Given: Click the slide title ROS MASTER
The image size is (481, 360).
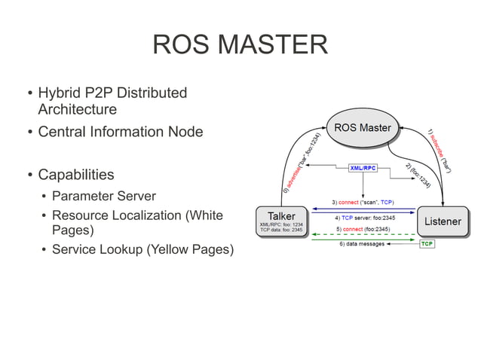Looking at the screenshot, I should (x=240, y=44).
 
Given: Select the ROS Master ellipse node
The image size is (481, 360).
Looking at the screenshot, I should (x=363, y=127).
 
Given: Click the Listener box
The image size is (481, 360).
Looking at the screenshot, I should (x=443, y=221).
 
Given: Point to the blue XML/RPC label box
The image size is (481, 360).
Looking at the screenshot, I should (x=363, y=168).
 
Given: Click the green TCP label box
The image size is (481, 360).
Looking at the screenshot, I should (x=427, y=244).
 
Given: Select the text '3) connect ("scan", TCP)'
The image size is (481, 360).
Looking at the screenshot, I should (x=363, y=203).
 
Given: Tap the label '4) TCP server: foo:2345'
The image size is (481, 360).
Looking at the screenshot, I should (x=363, y=217).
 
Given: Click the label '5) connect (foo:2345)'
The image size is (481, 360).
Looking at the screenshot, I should (x=363, y=228).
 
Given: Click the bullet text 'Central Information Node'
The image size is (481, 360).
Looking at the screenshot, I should (x=120, y=132).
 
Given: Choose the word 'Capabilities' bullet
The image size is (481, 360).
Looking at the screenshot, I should (x=76, y=175).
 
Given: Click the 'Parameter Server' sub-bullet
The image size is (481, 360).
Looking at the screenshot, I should (x=103, y=196).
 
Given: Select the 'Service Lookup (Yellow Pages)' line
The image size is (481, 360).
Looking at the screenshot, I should (x=142, y=249).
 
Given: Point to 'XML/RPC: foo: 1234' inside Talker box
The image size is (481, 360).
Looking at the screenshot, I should (x=281, y=224).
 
